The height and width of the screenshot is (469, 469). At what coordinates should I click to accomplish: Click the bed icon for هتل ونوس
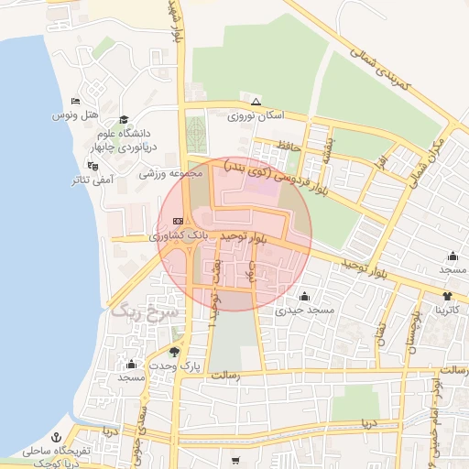click(x=74, y=101)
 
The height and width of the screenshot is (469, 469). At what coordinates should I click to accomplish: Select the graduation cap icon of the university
click(x=124, y=119)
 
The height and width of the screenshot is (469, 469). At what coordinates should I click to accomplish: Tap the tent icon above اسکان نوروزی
click(x=256, y=102)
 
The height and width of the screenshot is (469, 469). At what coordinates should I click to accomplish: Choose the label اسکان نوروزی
click(x=256, y=116)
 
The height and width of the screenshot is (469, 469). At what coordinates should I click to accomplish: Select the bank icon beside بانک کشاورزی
click(x=176, y=220)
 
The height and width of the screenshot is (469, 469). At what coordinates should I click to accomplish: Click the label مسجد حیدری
click(x=304, y=311)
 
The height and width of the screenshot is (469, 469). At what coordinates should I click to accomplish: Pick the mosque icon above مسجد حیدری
click(x=304, y=296)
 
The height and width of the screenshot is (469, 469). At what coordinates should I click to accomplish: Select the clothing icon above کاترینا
click(x=446, y=296)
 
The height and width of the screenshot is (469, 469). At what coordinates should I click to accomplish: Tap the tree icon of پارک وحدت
click(x=175, y=351)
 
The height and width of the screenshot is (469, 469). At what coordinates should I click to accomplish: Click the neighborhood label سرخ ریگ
click(x=147, y=311)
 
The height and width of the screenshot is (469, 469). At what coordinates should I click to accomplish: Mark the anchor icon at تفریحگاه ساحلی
click(x=56, y=436)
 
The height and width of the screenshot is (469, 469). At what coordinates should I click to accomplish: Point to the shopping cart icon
click(x=235, y=460)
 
